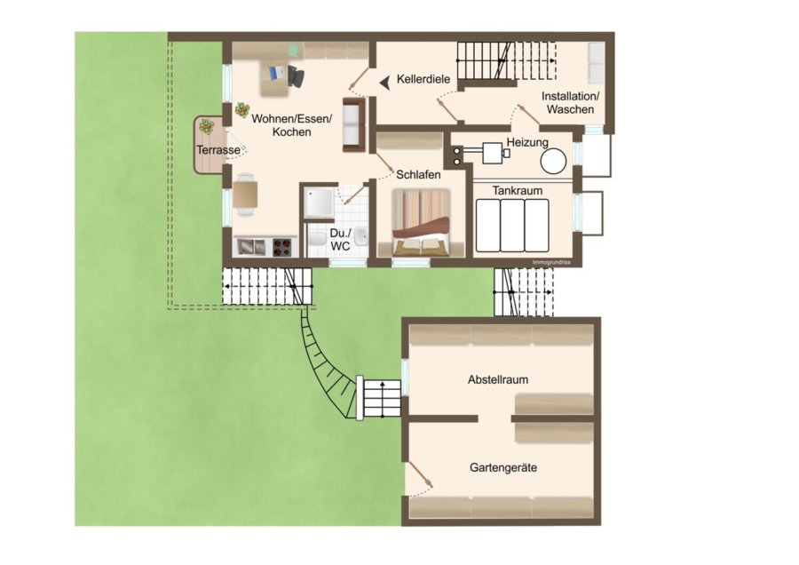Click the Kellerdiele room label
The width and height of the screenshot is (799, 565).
[x=423, y=79]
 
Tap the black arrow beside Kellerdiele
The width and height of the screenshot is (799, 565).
[x=385, y=82]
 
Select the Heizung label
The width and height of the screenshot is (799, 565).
[x=527, y=142]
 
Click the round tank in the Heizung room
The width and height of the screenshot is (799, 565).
[x=553, y=161]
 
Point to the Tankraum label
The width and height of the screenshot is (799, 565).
[x=518, y=191]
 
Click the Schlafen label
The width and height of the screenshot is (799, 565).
[x=418, y=174]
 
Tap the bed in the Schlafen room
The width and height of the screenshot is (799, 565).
[x=421, y=222]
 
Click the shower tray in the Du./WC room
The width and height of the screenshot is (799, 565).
[x=320, y=203]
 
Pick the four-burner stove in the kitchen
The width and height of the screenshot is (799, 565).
[x=281, y=247]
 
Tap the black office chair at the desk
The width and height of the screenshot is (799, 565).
[x=296, y=77]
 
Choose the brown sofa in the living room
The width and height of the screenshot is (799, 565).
[x=353, y=125]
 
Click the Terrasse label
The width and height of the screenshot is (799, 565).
[x=218, y=150]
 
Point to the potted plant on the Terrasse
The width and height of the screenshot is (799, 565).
[x=207, y=126]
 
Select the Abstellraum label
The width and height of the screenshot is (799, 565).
[x=498, y=379]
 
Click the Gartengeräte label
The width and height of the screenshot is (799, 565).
[x=503, y=467]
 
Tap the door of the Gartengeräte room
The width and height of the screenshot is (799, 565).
[x=420, y=474]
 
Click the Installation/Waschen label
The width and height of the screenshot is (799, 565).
[x=570, y=102]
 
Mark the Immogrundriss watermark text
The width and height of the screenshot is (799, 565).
[x=550, y=262]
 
